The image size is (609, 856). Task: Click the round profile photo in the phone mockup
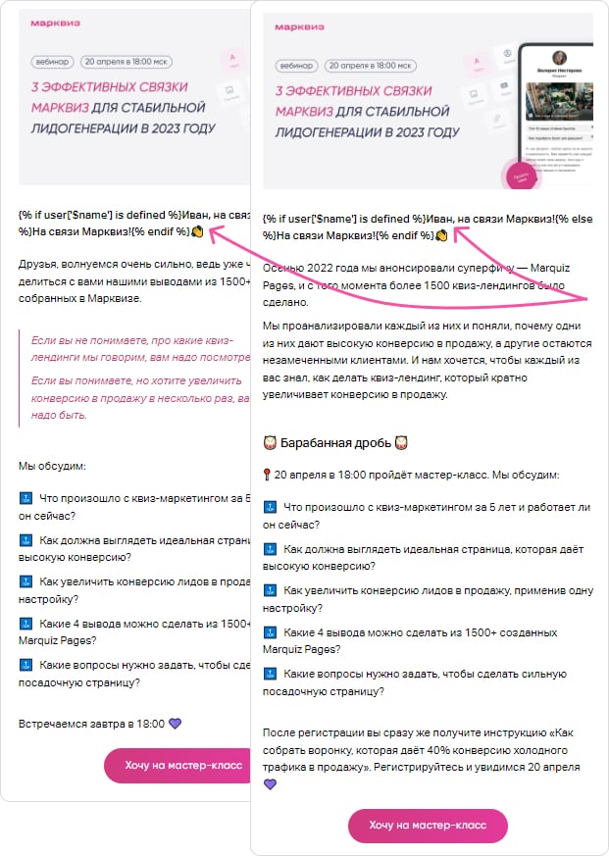pos(563,58)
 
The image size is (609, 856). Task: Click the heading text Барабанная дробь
pos(336,443)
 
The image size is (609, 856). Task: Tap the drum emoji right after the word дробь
pos(401,443)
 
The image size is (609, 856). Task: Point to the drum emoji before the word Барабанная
pos(271,443)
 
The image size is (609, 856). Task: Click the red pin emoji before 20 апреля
pos(268,476)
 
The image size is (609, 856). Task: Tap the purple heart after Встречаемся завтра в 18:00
pos(176,724)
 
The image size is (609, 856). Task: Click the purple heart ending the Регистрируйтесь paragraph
pos(271,784)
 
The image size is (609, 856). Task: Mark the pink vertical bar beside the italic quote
pos(20,377)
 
